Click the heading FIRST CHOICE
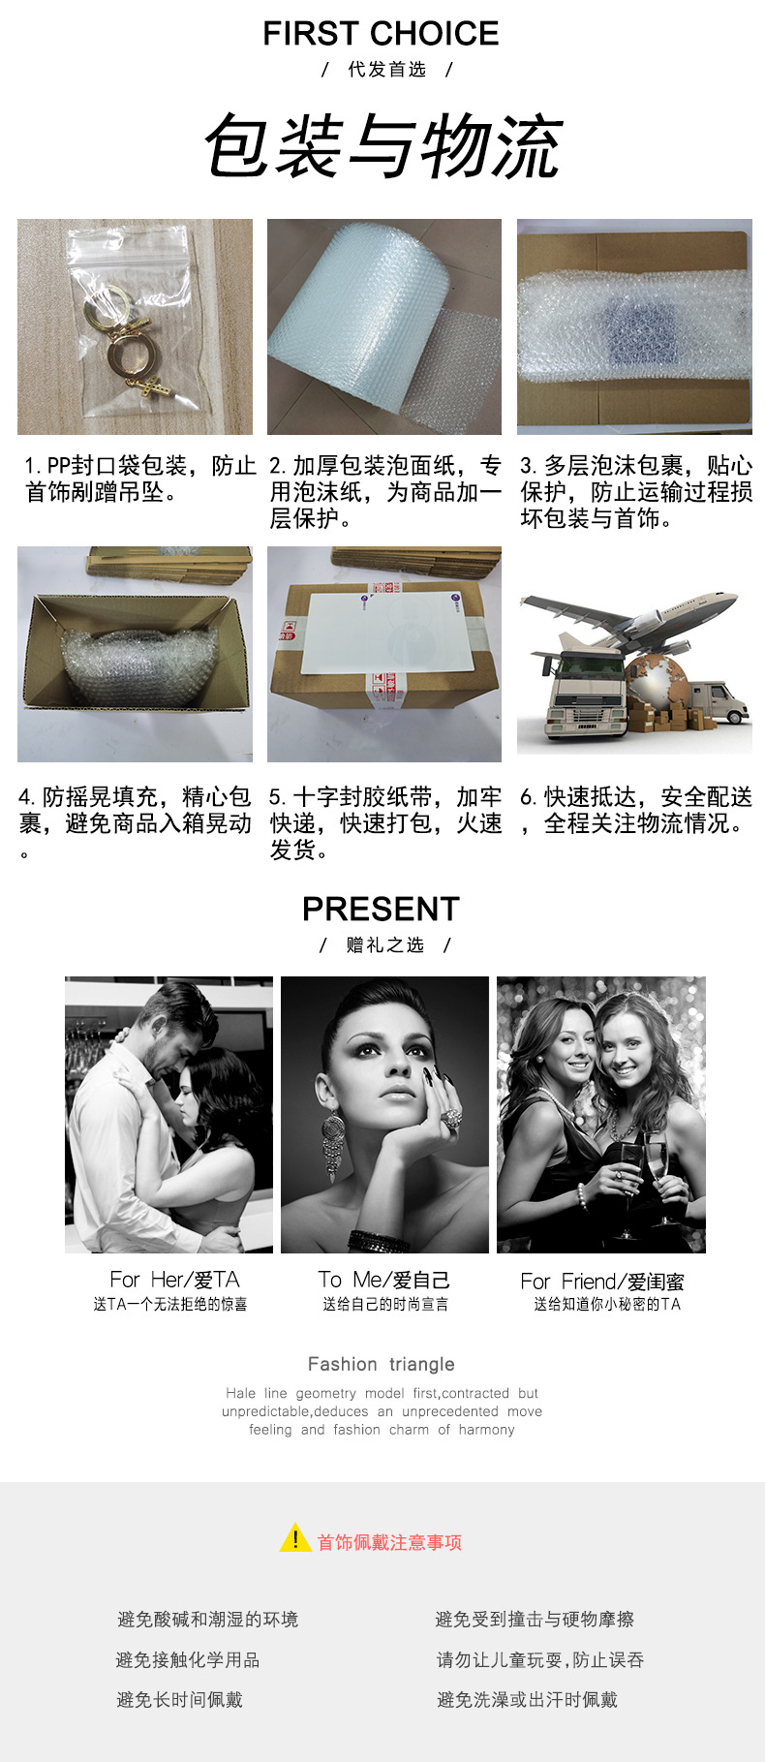381,34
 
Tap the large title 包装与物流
383,146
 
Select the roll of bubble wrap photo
383,326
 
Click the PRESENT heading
381,909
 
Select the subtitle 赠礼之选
384,944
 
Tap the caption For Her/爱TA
174,1280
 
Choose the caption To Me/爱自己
383,1280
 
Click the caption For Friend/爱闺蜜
601,1282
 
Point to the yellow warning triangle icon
294,1538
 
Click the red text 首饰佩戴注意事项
389,1542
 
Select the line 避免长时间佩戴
179,1699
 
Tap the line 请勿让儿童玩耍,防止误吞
539,1659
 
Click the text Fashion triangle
381,1364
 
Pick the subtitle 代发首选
386,70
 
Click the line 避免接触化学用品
188,1659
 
